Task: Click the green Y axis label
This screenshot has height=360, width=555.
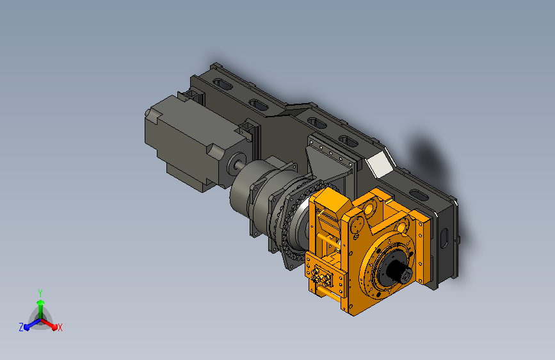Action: [40, 293]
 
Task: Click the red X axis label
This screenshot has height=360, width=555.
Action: [60, 328]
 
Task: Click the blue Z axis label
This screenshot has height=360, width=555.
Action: [21, 327]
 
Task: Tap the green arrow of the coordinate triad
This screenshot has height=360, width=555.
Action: [41, 309]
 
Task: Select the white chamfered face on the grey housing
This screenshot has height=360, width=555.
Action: [380, 164]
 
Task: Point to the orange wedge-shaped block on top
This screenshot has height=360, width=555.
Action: [331, 201]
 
